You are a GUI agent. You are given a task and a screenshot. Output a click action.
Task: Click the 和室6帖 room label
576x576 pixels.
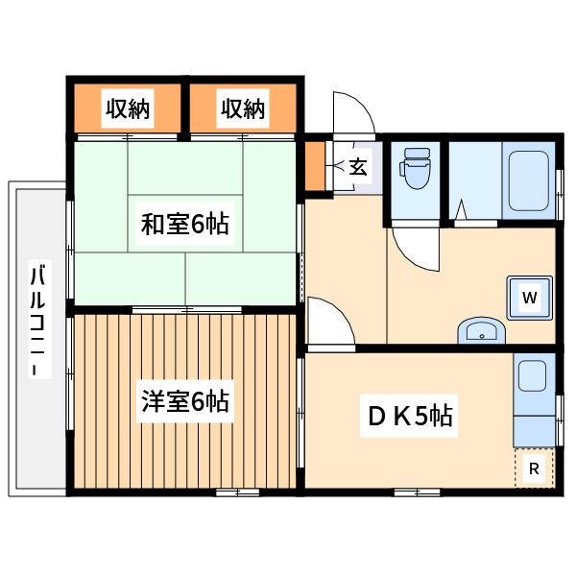point(185,224)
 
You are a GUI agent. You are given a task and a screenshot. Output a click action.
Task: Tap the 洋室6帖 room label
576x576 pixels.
point(185,400)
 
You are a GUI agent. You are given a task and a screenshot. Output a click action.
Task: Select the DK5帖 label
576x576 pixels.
point(409,416)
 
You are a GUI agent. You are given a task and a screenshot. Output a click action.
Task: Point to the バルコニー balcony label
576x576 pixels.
point(37,319)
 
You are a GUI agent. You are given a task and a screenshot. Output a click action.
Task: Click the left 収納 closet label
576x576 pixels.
point(128,108)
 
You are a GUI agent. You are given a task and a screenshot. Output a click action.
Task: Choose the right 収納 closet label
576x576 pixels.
point(243,108)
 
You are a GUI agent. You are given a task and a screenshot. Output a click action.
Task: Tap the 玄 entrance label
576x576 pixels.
point(357,167)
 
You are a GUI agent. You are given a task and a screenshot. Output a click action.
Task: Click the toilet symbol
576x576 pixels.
point(415,168)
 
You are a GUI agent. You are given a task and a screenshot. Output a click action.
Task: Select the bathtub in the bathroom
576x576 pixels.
point(528,180)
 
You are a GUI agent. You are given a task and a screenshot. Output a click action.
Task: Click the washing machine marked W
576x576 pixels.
point(529,298)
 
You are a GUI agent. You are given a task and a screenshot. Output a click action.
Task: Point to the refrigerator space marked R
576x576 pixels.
point(534,468)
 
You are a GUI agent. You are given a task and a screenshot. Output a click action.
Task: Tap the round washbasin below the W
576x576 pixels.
point(481,330)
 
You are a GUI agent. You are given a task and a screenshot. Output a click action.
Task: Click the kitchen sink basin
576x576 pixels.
point(532,375)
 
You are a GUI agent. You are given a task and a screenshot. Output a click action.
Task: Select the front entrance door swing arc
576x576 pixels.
point(363,105)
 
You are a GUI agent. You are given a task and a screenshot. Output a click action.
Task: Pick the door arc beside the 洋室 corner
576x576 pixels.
point(340,310)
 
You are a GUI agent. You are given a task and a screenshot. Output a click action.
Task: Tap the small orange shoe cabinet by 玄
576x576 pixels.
point(315,166)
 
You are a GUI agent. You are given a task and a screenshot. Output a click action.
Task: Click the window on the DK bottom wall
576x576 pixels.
point(417,492)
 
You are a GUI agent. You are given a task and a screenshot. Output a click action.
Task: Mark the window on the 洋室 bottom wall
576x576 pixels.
point(237,492)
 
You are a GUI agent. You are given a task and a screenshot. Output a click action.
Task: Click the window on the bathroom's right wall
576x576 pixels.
point(560,195)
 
